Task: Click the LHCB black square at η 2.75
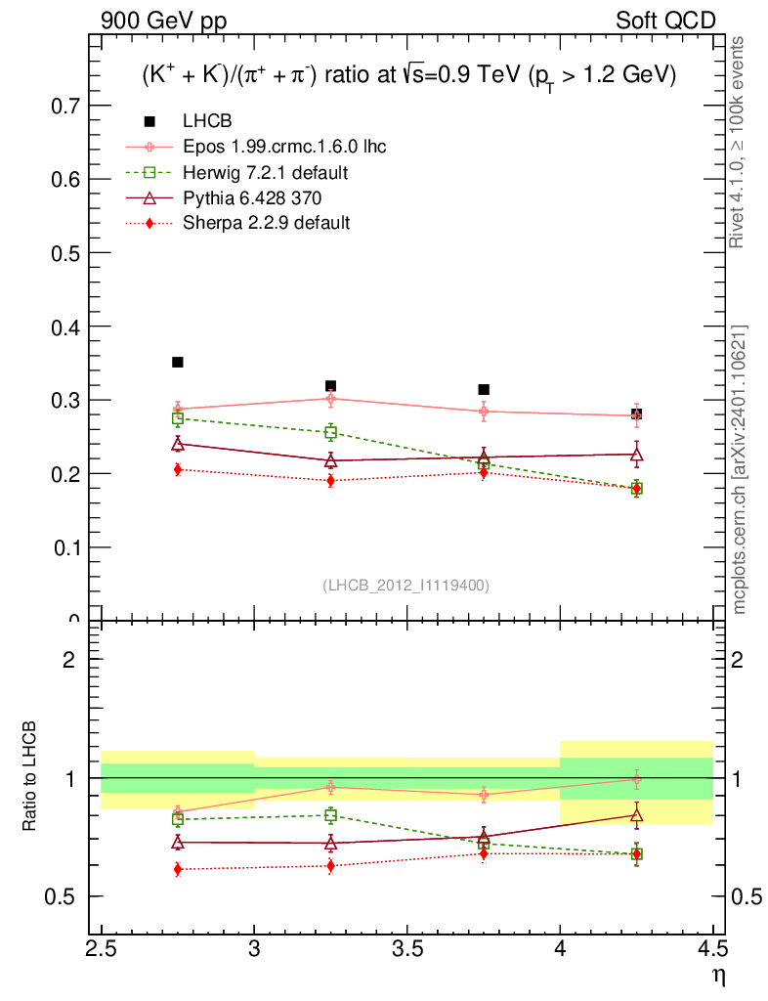point(178,363)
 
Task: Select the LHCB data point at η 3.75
point(484,390)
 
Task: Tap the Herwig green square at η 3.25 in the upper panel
point(330,432)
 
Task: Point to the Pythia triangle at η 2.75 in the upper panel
point(178,444)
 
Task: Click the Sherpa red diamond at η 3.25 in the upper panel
point(330,480)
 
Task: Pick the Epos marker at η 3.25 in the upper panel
point(330,398)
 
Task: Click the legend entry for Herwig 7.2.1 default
point(266,173)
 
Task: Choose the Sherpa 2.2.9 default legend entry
point(266,223)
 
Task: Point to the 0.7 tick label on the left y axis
point(65,106)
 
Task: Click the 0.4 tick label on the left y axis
point(65,326)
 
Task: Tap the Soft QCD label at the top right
point(665,21)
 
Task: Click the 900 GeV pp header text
point(156,21)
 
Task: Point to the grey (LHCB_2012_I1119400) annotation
point(405,585)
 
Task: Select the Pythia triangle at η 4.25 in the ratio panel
point(636,814)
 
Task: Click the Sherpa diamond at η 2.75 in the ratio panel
point(178,869)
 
